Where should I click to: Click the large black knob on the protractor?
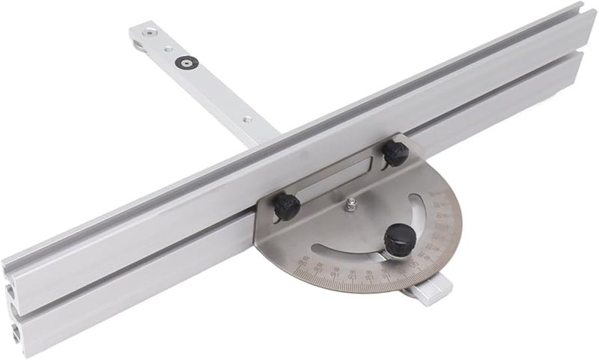pos(396,240)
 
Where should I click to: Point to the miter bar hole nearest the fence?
pos(244,118)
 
